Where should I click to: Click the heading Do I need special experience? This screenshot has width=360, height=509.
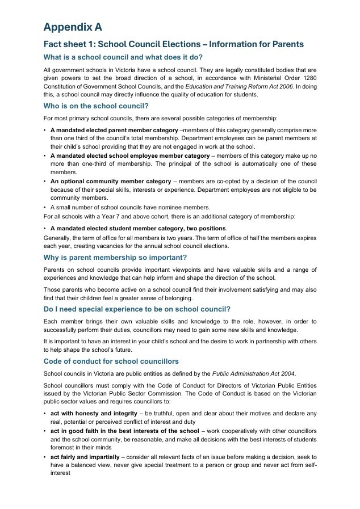pyautogui.click(x=137, y=309)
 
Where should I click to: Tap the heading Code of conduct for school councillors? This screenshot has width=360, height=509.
pyautogui.click(x=111, y=361)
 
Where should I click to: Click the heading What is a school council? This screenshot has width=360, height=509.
pyautogui.click(x=123, y=57)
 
